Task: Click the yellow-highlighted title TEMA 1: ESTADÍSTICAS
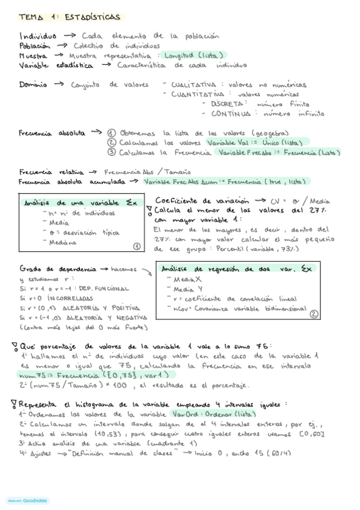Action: (x=69, y=17)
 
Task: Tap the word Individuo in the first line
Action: (x=38, y=35)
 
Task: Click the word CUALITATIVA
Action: (x=193, y=85)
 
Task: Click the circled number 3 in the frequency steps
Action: (x=111, y=153)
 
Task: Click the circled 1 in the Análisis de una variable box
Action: (x=136, y=245)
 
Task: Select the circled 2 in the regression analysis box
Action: (x=313, y=313)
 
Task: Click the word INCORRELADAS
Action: (x=70, y=298)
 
